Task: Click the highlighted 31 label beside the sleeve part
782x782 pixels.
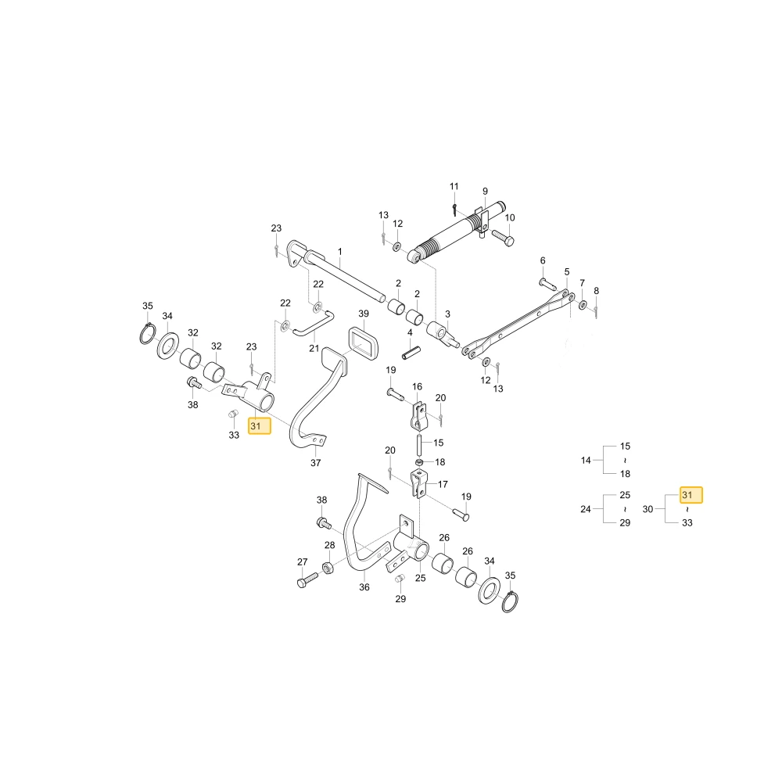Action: tap(260, 426)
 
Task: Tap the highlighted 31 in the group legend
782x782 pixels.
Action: tap(691, 495)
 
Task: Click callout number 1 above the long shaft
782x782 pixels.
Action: tap(339, 251)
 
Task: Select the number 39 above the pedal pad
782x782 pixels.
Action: tap(364, 314)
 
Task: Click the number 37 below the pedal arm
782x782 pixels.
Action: tap(316, 463)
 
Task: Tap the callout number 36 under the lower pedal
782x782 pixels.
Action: tap(364, 587)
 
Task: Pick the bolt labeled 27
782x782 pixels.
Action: tap(307, 580)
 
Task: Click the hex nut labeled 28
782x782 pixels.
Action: tap(328, 567)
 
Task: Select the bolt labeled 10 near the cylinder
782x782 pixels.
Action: tap(503, 238)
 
